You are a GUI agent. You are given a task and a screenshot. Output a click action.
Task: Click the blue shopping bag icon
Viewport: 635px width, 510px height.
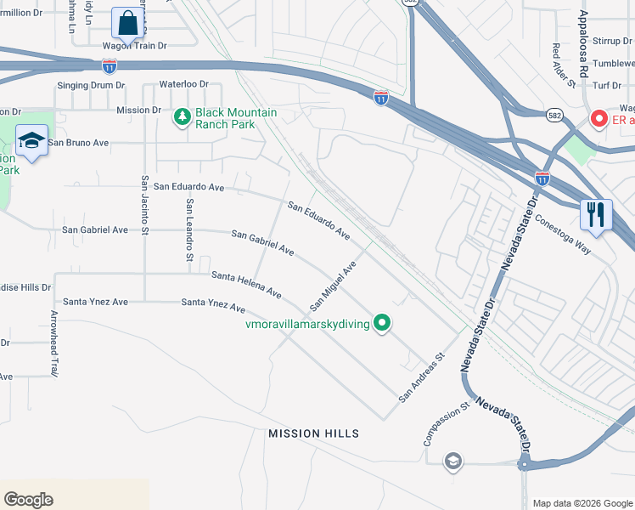(x=126, y=23)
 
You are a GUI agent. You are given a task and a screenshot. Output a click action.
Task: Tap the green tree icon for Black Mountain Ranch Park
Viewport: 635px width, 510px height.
(x=181, y=118)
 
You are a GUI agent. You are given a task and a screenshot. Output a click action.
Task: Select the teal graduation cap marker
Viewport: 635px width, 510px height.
(x=31, y=142)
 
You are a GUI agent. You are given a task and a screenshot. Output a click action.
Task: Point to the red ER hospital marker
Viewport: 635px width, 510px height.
(x=598, y=120)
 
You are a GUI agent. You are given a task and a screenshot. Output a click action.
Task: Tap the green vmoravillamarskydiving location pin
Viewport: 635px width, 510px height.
(x=382, y=323)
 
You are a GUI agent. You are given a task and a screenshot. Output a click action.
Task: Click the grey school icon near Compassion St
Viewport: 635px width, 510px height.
(x=452, y=461)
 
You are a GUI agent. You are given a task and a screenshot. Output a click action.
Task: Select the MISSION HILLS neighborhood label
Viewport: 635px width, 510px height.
(x=313, y=433)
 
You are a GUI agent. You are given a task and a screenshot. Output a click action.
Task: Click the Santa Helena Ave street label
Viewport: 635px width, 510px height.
(x=246, y=285)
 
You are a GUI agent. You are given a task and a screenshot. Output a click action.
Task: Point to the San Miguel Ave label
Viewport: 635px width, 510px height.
(x=333, y=285)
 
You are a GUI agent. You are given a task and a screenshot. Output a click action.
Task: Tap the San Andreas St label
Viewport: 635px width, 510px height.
(x=422, y=378)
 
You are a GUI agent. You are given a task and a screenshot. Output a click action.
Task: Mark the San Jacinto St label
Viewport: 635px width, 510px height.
(x=145, y=206)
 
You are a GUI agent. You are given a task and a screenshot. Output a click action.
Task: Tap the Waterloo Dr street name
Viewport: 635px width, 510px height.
(x=183, y=84)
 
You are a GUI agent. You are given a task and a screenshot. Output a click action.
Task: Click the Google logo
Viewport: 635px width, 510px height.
(x=29, y=500)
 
